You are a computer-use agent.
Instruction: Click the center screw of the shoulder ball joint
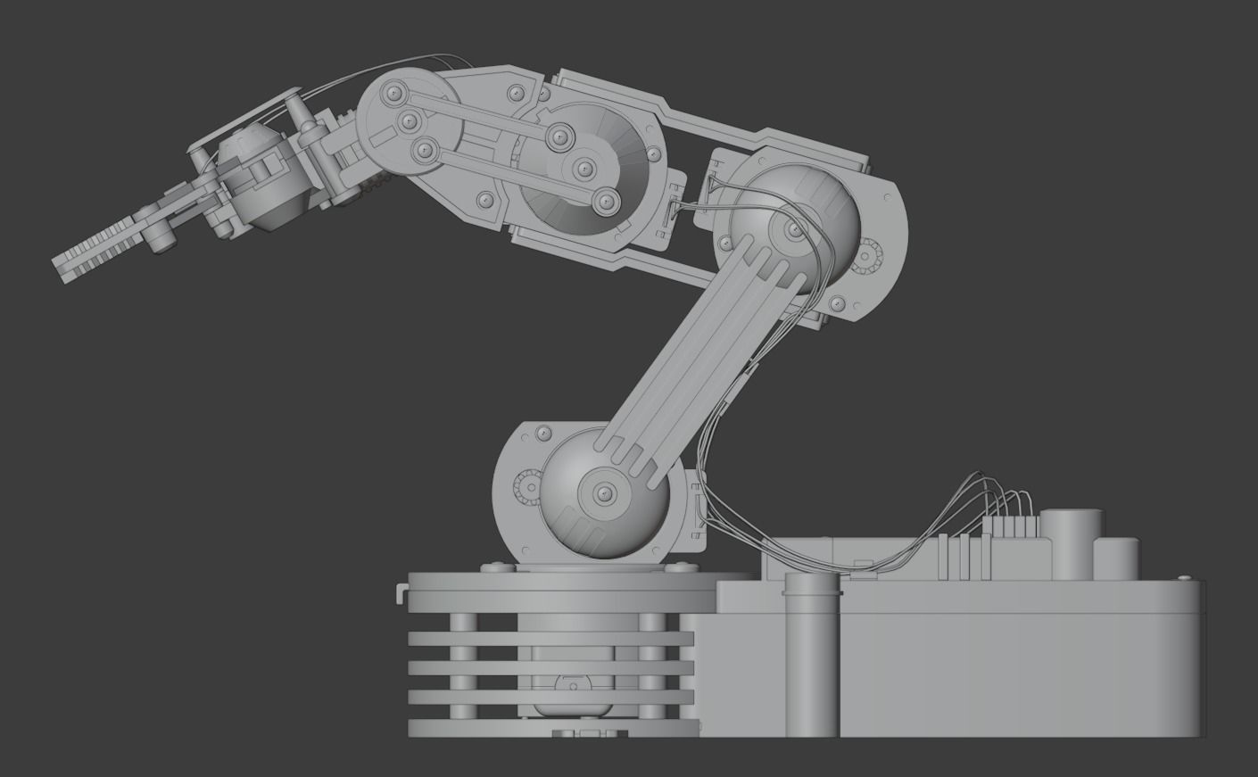pos(603,492)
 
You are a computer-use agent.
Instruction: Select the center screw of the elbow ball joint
pos(793,230)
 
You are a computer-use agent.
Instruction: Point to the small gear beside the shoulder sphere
pos(525,488)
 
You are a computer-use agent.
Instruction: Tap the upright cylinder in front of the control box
pos(811,656)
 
